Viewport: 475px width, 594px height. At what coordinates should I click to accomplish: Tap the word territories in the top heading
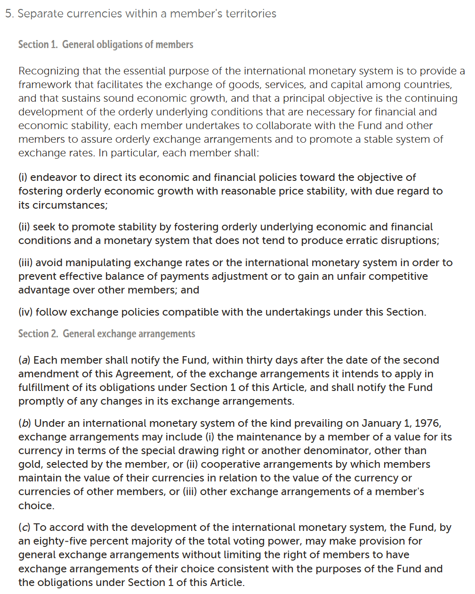pos(250,14)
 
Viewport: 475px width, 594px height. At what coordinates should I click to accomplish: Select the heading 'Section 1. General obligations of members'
pos(105,44)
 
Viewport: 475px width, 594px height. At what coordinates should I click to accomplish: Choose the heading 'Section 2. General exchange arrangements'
pos(106,334)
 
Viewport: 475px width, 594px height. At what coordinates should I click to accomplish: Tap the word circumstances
pos(69,205)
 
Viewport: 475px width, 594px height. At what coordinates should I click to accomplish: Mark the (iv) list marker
pos(25,312)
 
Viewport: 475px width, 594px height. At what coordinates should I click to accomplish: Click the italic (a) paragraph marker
pos(24,360)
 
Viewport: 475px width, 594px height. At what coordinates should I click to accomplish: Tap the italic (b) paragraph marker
pos(24,423)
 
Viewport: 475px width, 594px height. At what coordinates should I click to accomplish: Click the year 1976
pos(428,423)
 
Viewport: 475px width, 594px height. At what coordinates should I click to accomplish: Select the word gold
pos(29,464)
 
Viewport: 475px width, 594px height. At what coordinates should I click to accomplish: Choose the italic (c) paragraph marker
pos(24,527)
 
